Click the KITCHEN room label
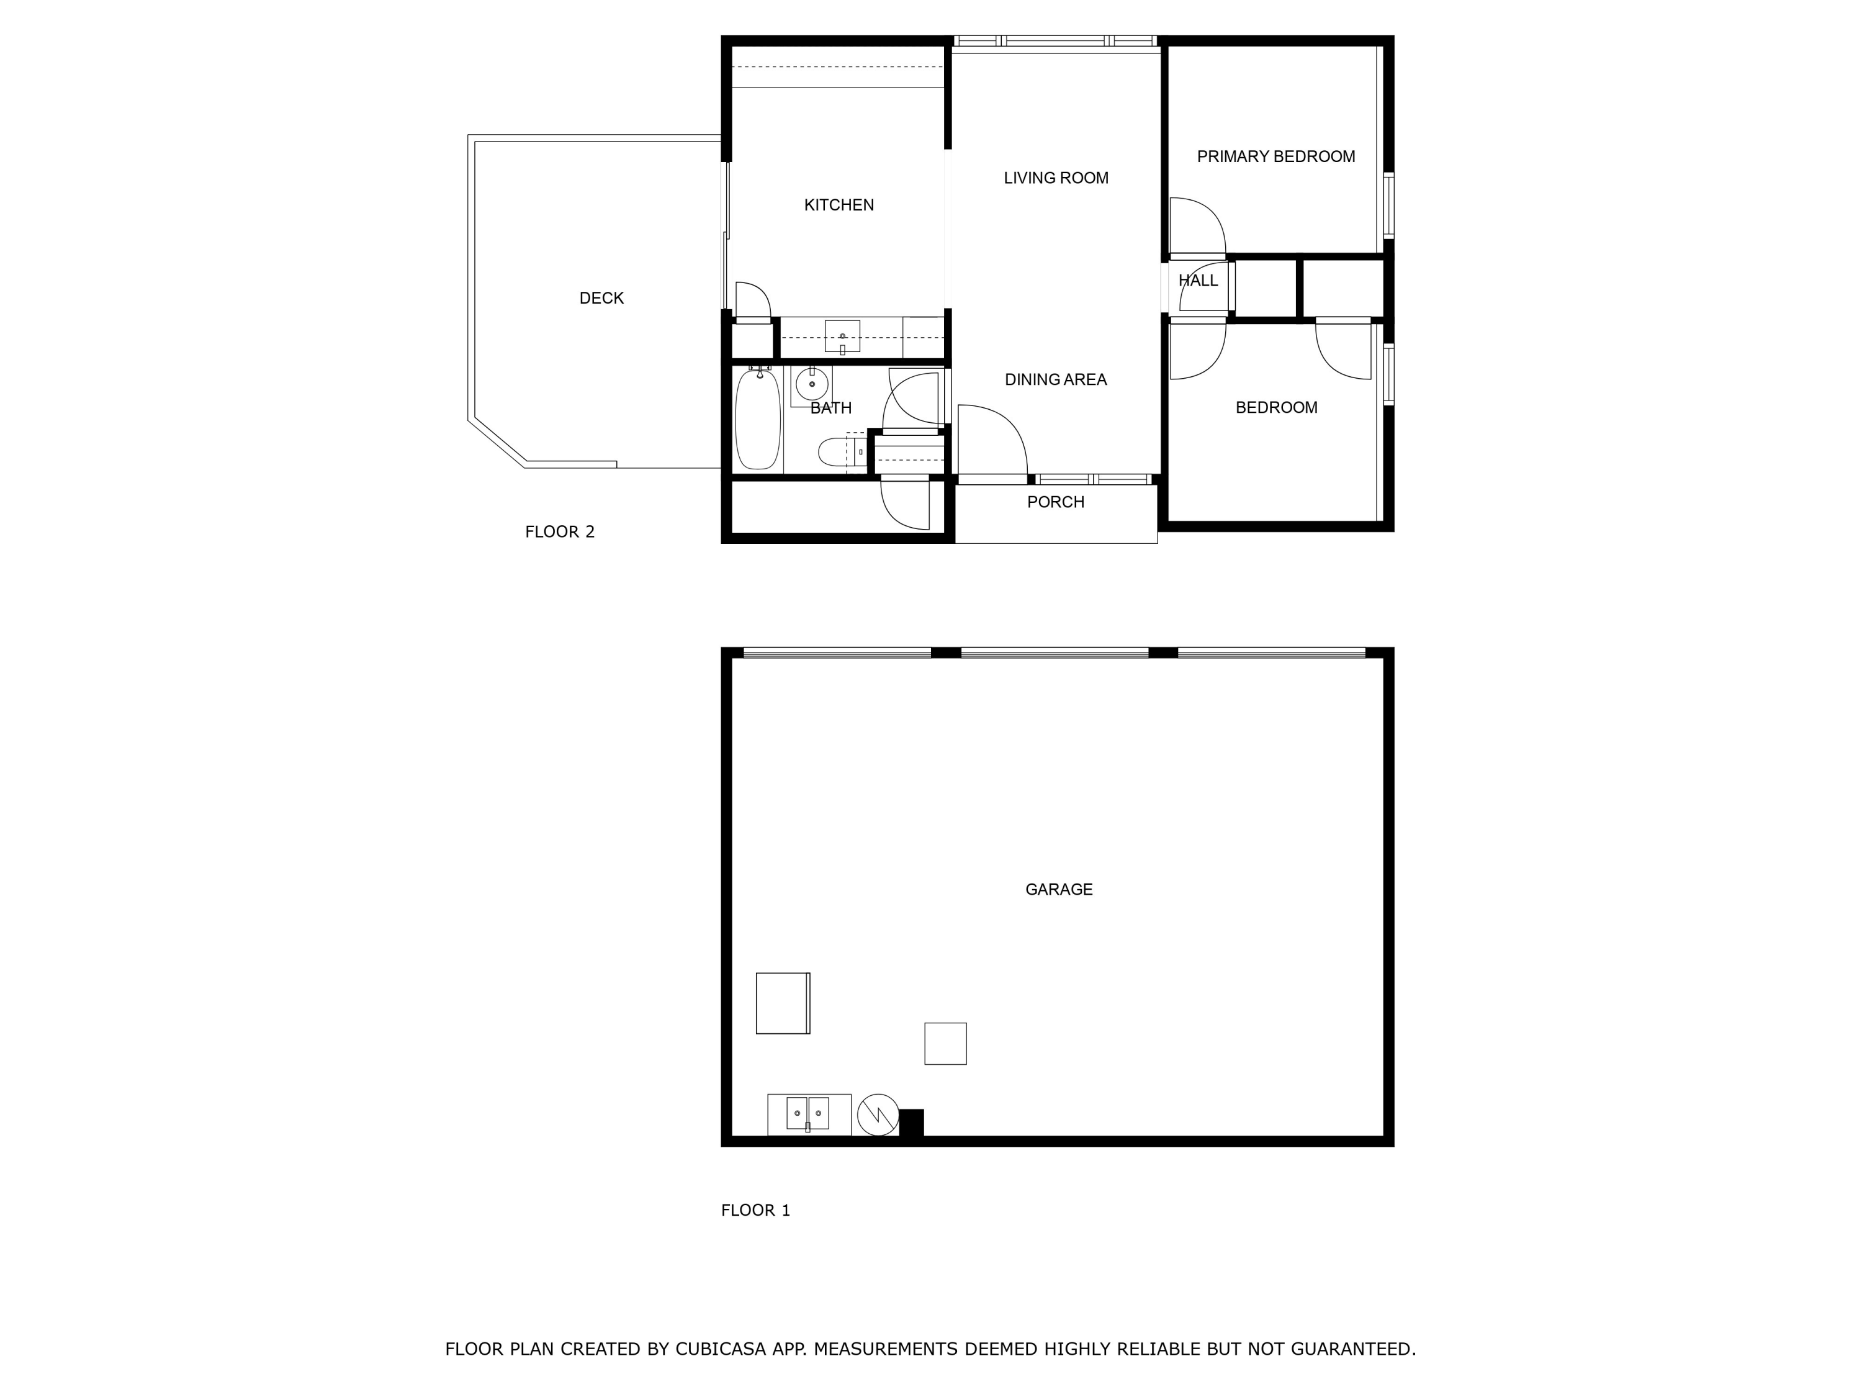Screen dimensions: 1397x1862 [x=839, y=205]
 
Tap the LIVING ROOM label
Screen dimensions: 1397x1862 [x=1056, y=178]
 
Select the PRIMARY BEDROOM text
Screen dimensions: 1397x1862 [x=1275, y=156]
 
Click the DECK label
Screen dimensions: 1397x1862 [x=601, y=298]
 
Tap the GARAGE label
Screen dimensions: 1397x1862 [x=1058, y=889]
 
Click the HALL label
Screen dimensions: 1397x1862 [x=1197, y=281]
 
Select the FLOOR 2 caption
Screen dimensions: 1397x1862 [x=560, y=531]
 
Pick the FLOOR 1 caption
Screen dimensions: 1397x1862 [x=755, y=1210]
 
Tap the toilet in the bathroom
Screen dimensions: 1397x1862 [x=837, y=452]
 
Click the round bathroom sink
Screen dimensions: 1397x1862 [x=811, y=385]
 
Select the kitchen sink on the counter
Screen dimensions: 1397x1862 [x=842, y=336]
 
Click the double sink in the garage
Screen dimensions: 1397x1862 [x=807, y=1113]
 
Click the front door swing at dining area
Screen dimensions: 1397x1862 [x=992, y=440]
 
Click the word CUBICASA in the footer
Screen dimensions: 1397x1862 [x=720, y=1349]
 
